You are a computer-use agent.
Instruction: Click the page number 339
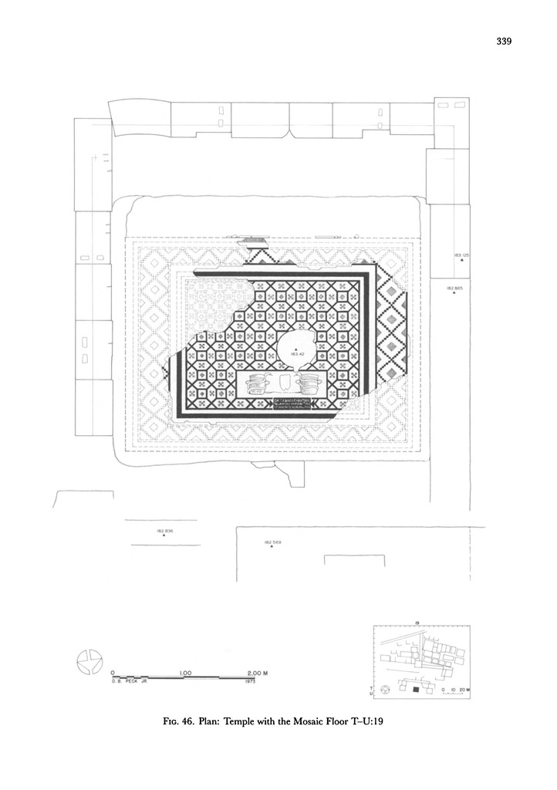point(505,41)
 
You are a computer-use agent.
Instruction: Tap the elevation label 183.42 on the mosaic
point(294,353)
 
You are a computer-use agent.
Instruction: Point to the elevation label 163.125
point(462,254)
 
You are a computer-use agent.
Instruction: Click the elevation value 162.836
point(165,532)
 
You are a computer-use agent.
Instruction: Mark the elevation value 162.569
point(273,542)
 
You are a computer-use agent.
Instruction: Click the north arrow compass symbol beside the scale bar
point(89,663)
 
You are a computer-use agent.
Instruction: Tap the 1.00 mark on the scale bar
point(185,672)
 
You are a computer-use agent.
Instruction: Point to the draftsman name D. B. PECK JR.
point(123,683)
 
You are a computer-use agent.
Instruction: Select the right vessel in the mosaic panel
point(309,383)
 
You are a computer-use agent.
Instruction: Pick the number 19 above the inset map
point(416,623)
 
